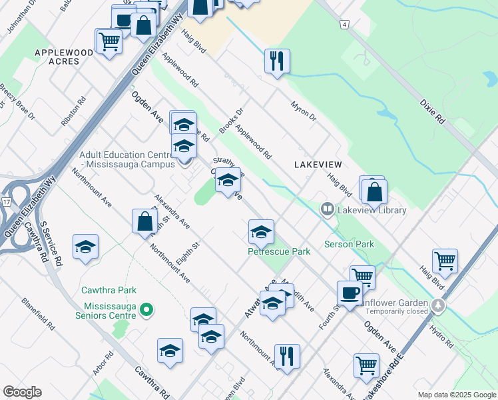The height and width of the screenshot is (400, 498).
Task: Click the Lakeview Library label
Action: point(372,210)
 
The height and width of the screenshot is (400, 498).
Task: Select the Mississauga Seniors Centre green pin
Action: point(148,309)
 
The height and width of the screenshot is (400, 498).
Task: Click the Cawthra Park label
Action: point(109,290)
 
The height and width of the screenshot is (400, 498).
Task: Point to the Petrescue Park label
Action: point(279,252)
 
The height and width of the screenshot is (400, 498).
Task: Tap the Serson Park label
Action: point(349,244)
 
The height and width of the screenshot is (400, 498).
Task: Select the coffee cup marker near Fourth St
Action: point(350,292)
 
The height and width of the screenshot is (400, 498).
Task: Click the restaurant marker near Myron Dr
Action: point(276,61)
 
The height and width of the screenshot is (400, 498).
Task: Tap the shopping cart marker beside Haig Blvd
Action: point(444,261)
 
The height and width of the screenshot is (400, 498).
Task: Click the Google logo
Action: point(23,391)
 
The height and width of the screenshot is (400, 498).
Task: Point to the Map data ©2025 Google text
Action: point(455,395)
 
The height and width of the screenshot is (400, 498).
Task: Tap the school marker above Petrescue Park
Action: point(261,232)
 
